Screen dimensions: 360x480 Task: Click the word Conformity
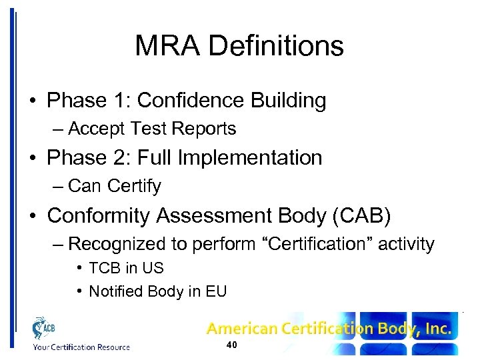[x=98, y=215]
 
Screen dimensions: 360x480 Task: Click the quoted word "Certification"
[x=316, y=244]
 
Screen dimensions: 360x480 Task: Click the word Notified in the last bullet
[x=114, y=291]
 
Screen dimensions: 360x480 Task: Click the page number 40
[x=232, y=345]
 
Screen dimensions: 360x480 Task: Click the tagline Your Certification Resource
[x=81, y=347]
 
